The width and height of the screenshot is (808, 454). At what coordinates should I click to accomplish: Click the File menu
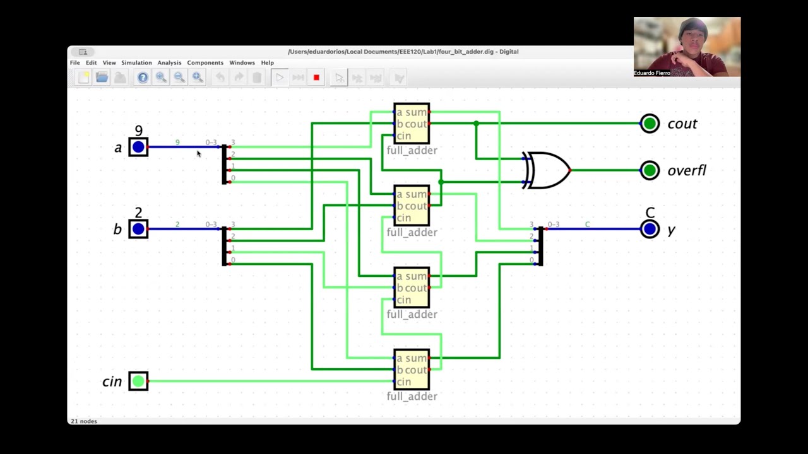pyautogui.click(x=75, y=63)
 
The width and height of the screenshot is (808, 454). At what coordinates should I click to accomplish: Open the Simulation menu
pyautogui.click(x=136, y=63)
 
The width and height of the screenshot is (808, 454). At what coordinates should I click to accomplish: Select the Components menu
pyautogui.click(x=205, y=63)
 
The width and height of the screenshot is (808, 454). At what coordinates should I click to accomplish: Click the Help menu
pyautogui.click(x=267, y=63)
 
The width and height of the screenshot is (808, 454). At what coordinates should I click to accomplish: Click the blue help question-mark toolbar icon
pyautogui.click(x=143, y=78)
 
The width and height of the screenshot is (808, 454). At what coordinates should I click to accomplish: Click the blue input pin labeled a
pyautogui.click(x=138, y=148)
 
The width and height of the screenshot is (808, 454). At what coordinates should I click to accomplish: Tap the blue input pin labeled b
pyautogui.click(x=138, y=229)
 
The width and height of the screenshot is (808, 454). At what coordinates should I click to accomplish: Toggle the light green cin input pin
pyautogui.click(x=138, y=381)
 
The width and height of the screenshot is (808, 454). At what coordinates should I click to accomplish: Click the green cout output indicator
pyautogui.click(x=650, y=124)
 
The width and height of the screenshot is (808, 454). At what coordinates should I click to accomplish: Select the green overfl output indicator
pyautogui.click(x=650, y=170)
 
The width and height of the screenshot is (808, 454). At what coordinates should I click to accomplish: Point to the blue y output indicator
pyautogui.click(x=650, y=229)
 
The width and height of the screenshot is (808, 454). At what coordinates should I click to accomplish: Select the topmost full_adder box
pyautogui.click(x=412, y=124)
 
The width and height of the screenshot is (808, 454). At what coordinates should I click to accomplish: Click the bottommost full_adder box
pyautogui.click(x=412, y=370)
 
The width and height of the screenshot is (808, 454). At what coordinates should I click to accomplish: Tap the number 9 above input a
pyautogui.click(x=138, y=131)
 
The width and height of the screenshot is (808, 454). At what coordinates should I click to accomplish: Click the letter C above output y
pyautogui.click(x=650, y=212)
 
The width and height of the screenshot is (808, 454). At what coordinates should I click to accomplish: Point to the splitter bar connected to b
pyautogui.click(x=225, y=247)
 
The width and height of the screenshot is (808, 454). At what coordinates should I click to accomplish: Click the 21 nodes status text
pyautogui.click(x=84, y=421)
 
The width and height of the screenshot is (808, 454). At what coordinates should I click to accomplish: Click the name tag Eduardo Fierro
pyautogui.click(x=652, y=73)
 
